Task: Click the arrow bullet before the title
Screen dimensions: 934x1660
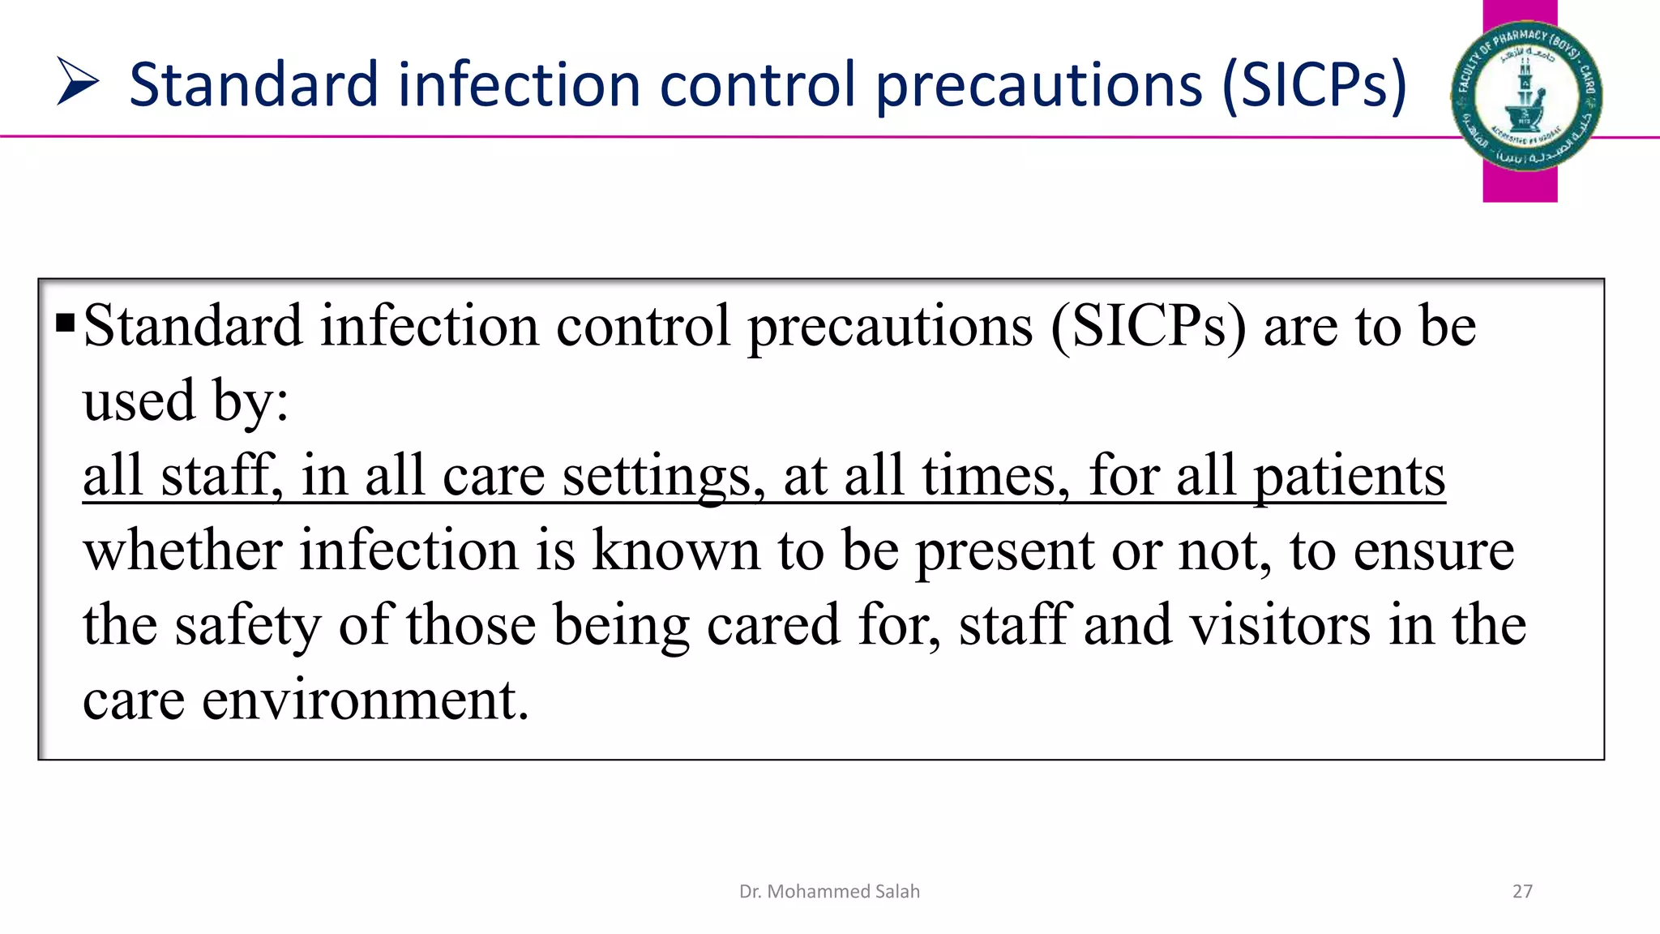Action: (x=78, y=82)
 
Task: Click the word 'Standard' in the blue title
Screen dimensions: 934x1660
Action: (x=253, y=84)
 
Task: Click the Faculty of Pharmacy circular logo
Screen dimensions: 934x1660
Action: (x=1525, y=96)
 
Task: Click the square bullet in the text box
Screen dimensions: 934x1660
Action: (x=66, y=324)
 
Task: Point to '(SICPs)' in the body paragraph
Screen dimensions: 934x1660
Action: (x=1149, y=326)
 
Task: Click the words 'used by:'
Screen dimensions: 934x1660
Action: (x=186, y=401)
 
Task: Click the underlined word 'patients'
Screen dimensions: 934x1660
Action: (x=1350, y=477)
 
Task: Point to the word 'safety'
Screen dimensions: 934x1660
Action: (x=248, y=626)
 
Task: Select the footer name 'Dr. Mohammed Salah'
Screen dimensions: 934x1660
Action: (x=829, y=891)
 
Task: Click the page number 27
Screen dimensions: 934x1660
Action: (x=1522, y=891)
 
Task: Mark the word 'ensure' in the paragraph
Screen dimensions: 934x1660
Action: (x=1433, y=551)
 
